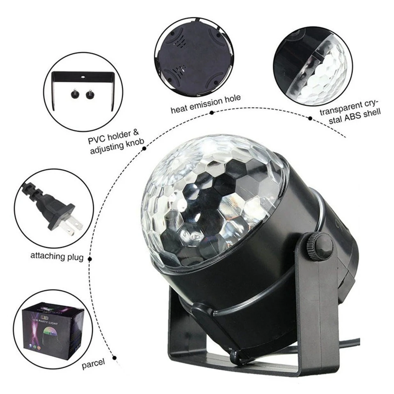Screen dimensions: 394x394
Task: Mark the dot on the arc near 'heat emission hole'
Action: tap(211, 112)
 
